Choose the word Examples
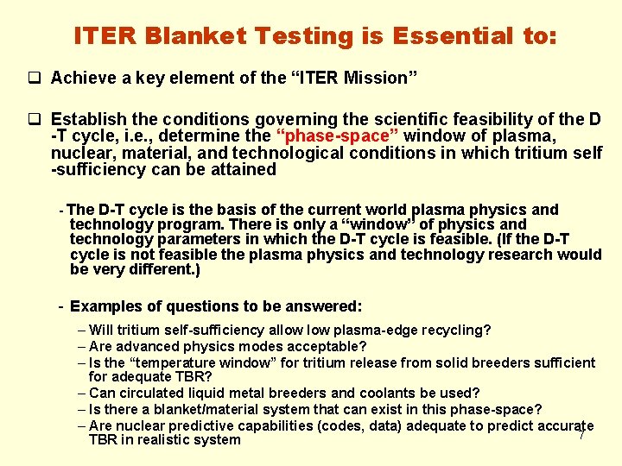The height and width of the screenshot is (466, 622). (x=105, y=306)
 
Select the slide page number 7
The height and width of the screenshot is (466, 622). (x=581, y=434)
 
